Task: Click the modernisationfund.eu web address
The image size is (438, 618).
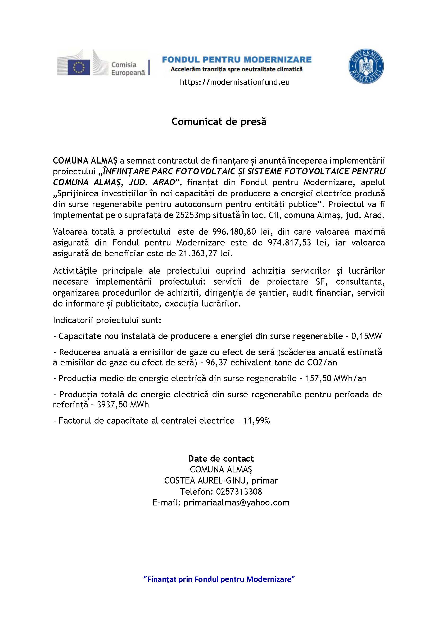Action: point(235,82)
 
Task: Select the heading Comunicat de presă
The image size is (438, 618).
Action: point(219,122)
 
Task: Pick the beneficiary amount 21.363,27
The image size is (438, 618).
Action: point(196,254)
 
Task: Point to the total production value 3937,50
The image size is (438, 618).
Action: point(109,405)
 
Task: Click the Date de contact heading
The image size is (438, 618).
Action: point(221,459)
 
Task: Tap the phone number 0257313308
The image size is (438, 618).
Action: point(239,492)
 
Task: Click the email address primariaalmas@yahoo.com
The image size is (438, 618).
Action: point(236,503)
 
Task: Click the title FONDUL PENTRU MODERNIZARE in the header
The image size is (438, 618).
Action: point(237,59)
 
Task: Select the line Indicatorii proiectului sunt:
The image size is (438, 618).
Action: point(107,320)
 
